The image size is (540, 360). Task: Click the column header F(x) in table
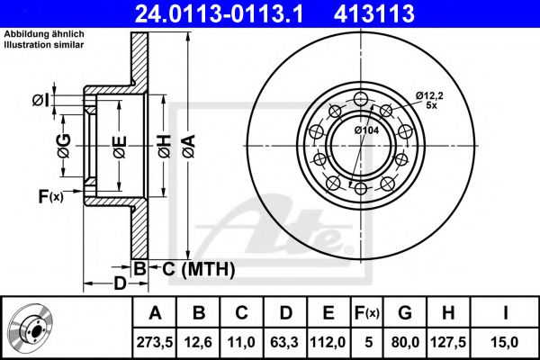366,313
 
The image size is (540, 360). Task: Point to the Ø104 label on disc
366,131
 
